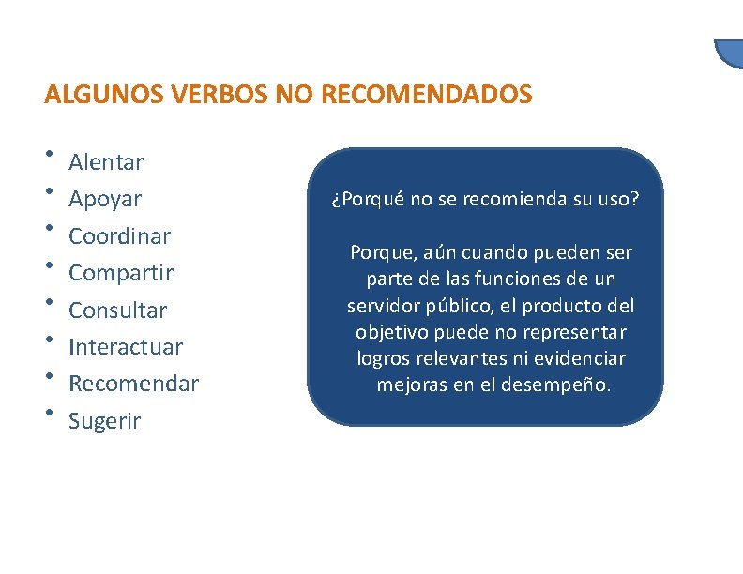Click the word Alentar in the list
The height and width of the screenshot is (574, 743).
click(x=106, y=162)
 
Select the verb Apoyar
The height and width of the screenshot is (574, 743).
click(x=105, y=200)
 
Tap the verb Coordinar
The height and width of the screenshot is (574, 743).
click(x=119, y=235)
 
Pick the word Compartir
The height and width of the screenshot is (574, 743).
click(x=121, y=273)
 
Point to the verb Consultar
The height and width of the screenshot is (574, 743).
click(x=118, y=310)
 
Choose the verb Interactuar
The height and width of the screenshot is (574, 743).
click(x=126, y=346)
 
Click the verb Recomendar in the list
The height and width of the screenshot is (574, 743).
click(x=134, y=384)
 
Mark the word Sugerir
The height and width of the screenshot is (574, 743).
click(x=104, y=421)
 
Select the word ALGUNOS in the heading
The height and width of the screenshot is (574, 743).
click(x=104, y=95)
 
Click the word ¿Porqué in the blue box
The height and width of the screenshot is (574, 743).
click(x=364, y=200)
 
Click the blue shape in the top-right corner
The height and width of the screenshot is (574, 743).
click(x=729, y=53)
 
